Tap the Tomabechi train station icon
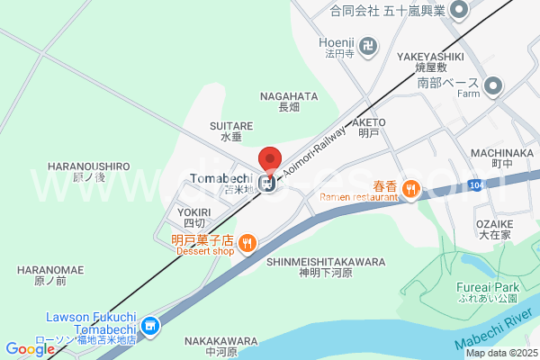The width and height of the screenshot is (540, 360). point(267,184)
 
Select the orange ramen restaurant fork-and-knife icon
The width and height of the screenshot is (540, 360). point(411,187)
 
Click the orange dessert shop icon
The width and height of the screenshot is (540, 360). point(248,241)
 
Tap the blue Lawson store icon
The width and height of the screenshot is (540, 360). point(150,326)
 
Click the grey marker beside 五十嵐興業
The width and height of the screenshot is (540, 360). point(459,10)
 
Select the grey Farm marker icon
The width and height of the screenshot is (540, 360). point(492,86)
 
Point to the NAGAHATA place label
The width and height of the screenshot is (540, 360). point(288,95)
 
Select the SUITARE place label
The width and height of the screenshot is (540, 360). point(230,126)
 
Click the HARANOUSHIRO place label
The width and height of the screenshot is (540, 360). point(88,166)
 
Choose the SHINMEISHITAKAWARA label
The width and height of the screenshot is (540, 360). point(326,262)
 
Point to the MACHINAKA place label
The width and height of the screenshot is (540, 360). point(501,154)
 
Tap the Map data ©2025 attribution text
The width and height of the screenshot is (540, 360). point(499,353)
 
